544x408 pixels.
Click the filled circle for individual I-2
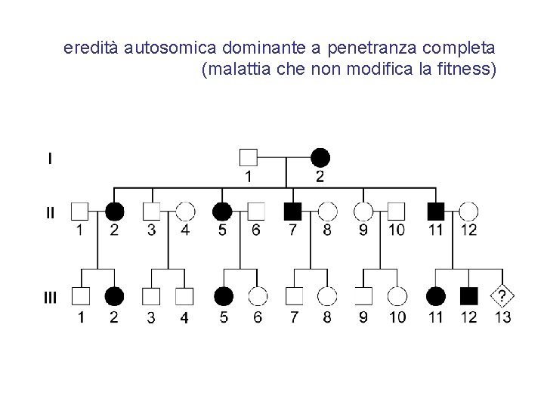tap(320, 157)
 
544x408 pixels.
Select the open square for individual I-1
tap(249, 157)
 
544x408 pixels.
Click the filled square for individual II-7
tap(292, 211)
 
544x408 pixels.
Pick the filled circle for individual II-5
tap(221, 211)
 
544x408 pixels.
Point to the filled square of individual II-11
tap(435, 211)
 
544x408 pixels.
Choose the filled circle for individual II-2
tap(114, 211)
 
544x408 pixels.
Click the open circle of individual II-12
tap(468, 211)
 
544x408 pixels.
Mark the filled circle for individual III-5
tap(224, 296)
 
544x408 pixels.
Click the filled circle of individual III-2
tap(114, 296)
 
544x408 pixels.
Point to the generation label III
tap(50, 297)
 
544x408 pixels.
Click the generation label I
tap(50, 159)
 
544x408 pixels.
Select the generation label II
tap(50, 212)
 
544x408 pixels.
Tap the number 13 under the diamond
tap(502, 317)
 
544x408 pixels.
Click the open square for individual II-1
tap(80, 211)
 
